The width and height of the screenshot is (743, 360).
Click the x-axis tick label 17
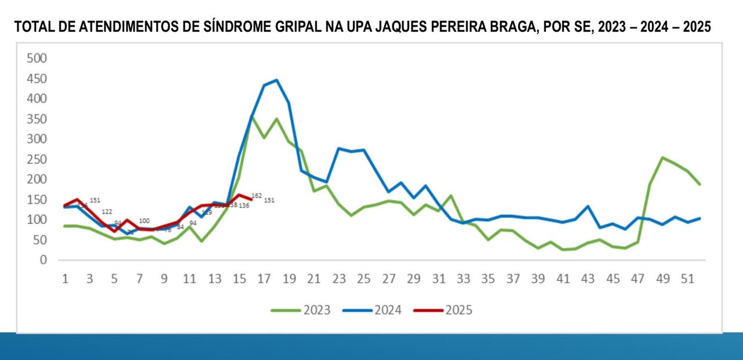point(265,279)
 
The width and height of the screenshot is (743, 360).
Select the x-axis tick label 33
point(463,279)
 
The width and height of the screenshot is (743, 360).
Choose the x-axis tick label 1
point(65,279)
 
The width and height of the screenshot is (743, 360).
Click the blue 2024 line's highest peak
point(276,80)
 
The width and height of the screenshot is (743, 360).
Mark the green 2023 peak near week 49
point(662,157)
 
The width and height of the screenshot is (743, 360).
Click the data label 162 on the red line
point(257,196)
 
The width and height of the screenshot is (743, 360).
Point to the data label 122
point(107,212)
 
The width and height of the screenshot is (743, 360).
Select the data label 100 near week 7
point(145,221)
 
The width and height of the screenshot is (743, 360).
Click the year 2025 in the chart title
point(696,27)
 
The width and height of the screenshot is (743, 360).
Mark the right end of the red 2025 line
point(251,200)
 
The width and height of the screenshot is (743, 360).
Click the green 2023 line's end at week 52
point(700,185)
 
